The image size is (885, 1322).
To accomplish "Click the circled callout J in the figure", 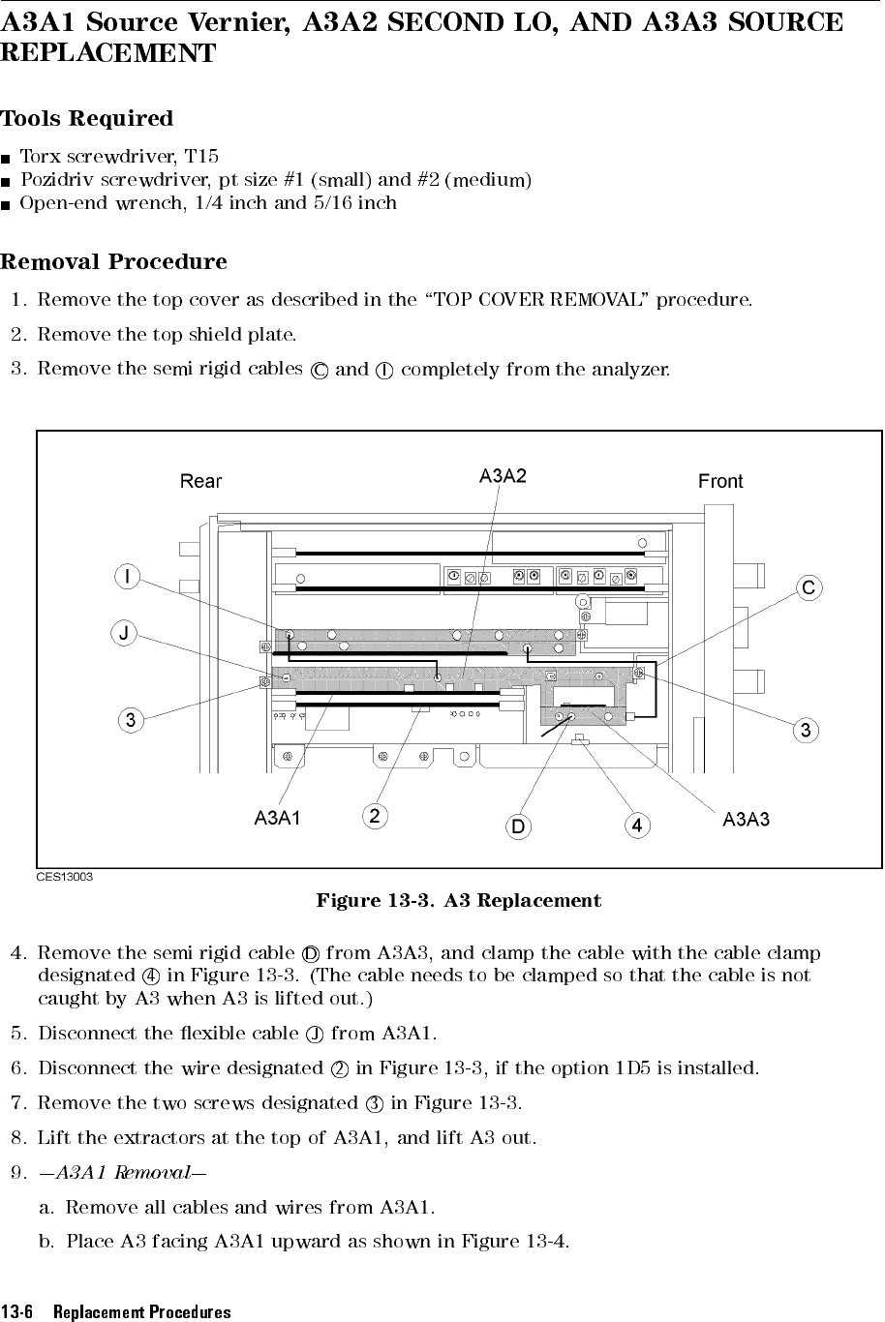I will [x=124, y=633].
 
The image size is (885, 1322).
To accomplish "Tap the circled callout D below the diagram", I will [x=519, y=826].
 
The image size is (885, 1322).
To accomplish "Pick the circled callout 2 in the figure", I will [x=375, y=817].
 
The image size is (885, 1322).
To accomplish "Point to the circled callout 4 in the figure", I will [x=636, y=826].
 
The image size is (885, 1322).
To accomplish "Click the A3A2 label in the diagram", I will [x=504, y=475].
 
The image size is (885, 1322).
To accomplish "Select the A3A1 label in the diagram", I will [x=277, y=819].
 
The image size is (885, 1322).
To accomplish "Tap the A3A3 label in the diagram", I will [x=747, y=820].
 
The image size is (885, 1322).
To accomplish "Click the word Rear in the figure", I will [x=201, y=481].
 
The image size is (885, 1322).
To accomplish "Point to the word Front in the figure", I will [x=720, y=481].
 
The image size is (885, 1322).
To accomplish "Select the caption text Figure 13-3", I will [x=375, y=901].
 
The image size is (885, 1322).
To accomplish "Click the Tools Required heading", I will [x=87, y=119].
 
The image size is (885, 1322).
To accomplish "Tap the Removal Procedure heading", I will [x=114, y=262].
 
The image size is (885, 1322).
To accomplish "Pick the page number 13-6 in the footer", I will [x=18, y=1312].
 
